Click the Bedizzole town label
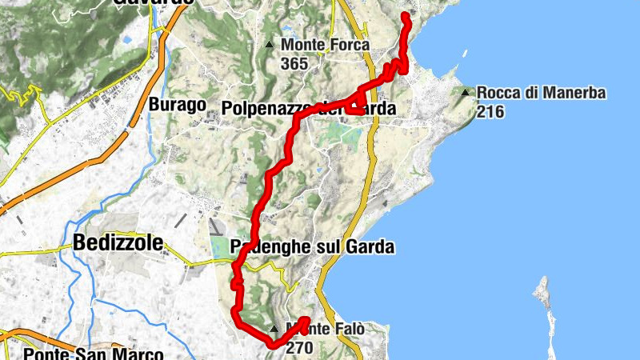coord(118,242)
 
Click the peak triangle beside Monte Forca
coord(270,44)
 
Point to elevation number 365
coord(294,63)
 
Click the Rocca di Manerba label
coord(541,93)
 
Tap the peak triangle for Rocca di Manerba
coord(466,92)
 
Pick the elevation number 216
coord(490,111)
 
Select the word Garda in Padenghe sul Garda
coord(370,247)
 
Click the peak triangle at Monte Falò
coord(274,329)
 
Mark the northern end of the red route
coord(404,16)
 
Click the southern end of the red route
coord(306,321)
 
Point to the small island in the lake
coord(544,289)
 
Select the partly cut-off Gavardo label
coord(153,2)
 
